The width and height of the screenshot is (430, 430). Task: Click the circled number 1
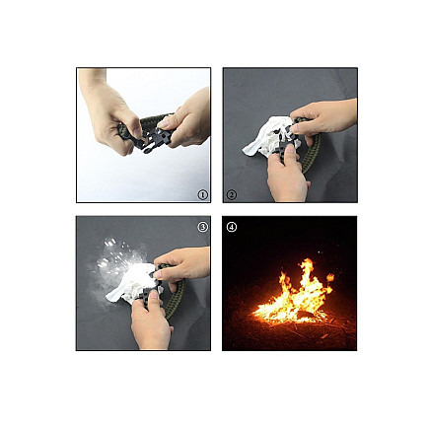pyautogui.click(x=203, y=195)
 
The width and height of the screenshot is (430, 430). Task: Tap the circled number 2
pyautogui.click(x=232, y=195)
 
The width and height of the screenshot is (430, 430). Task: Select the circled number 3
pyautogui.click(x=203, y=226)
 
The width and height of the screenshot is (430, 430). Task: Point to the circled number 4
pyautogui.click(x=232, y=226)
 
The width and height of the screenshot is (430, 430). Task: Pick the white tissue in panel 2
pyautogui.click(x=264, y=139)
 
